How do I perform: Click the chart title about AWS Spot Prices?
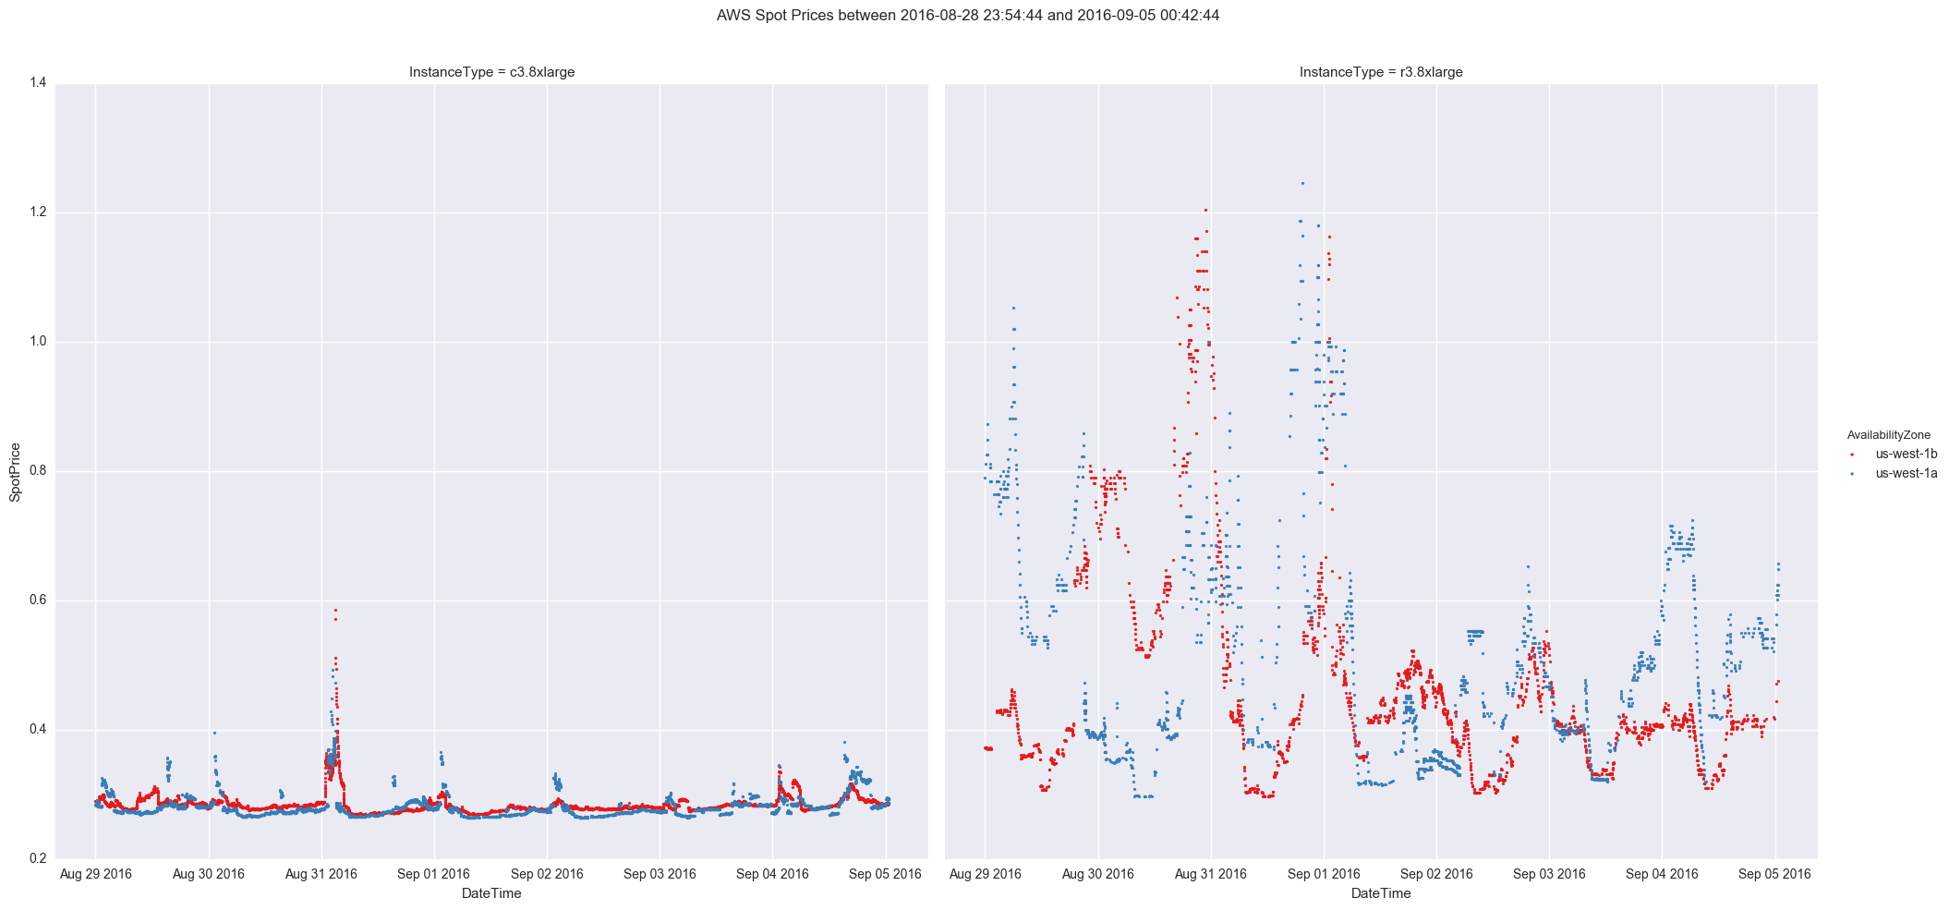coord(967,16)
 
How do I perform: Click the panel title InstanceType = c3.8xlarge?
coord(491,72)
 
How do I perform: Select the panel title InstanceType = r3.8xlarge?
coord(1380,72)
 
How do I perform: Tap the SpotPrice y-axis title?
coord(15,472)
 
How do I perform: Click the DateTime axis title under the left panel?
coord(491,893)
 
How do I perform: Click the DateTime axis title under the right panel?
coord(1380,893)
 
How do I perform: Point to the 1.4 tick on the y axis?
coord(38,83)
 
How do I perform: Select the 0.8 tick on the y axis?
coord(38,471)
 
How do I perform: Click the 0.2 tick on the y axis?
coord(38,859)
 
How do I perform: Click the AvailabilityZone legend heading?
coord(1888,435)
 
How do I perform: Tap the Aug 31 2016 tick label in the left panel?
coord(321,874)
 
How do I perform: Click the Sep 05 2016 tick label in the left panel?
coord(885,874)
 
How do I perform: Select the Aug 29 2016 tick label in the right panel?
coord(985,874)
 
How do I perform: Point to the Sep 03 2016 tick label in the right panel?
coord(1549,874)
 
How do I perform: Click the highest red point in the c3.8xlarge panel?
coord(335,610)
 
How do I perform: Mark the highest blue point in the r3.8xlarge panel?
coord(1302,183)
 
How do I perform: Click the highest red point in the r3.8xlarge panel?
coord(1205,210)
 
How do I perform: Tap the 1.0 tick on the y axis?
coord(38,342)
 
